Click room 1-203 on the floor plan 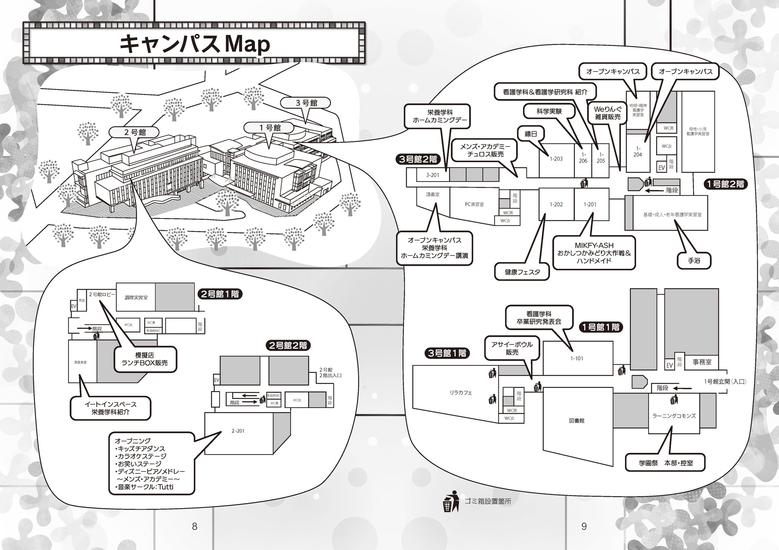[x=556, y=159]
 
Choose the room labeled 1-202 [x=556, y=205]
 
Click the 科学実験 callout [x=549, y=112]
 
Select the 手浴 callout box [x=694, y=261]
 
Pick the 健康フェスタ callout [x=522, y=272]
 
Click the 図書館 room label [x=577, y=421]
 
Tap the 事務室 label [x=702, y=362]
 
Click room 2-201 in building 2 [x=238, y=431]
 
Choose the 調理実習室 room [x=136, y=298]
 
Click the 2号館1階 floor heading [x=220, y=294]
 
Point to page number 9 [x=584, y=526]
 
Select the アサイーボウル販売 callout [x=512, y=348]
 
